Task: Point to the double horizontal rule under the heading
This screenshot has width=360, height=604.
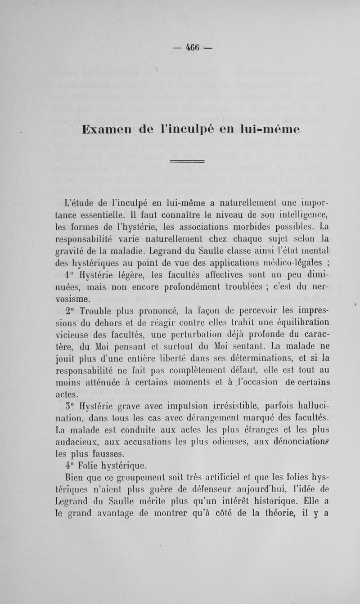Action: (x=188, y=161)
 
